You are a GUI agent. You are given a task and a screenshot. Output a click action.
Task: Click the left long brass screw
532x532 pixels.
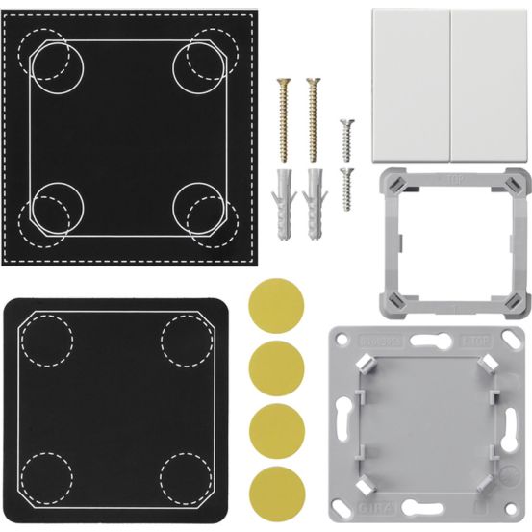pyautogui.click(x=283, y=115)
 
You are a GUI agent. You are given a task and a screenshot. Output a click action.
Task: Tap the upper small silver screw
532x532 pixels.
pyautogui.click(x=346, y=136)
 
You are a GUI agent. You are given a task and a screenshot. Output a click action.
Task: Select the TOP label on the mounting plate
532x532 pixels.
pyautogui.click(x=503, y=340)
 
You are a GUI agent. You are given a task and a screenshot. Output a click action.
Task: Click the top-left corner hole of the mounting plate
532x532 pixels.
pyautogui.click(x=343, y=342)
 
